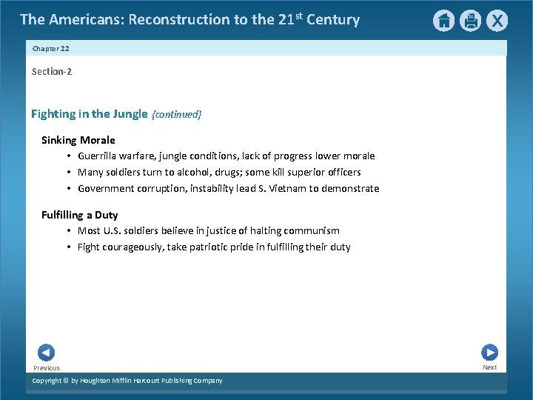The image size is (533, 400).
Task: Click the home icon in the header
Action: [x=443, y=21]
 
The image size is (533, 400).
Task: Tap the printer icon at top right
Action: [x=470, y=21]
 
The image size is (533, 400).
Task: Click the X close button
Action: [x=497, y=21]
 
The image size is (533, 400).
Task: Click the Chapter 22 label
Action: [x=51, y=48]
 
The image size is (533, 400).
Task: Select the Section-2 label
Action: [x=52, y=72]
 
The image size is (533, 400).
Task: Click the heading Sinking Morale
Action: [x=78, y=140]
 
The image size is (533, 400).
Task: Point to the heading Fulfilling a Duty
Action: [x=80, y=215]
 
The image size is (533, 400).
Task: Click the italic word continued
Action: [x=176, y=115]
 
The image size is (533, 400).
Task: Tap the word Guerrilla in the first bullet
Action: [x=99, y=156]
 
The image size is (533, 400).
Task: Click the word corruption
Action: [x=162, y=189]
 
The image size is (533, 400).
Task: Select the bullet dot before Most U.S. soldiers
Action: [x=67, y=231]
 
